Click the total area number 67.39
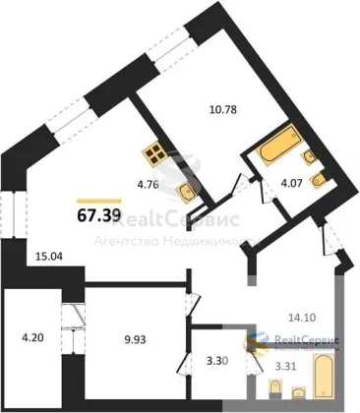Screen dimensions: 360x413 click(99, 215)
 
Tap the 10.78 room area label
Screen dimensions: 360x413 click(223, 109)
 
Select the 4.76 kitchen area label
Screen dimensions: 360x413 click(148, 185)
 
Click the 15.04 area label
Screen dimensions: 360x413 click(48, 256)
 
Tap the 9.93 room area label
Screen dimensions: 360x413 click(134, 339)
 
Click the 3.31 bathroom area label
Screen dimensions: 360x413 click(284, 367)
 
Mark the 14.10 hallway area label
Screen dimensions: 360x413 click(302, 318)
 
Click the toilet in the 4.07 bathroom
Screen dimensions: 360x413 click(318, 181)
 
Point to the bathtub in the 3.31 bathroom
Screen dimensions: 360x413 click(324, 377)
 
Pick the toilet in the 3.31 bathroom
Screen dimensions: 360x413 click(274, 388)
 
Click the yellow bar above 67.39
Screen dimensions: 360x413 click(99, 202)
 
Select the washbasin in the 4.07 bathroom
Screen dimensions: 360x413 click(309, 156)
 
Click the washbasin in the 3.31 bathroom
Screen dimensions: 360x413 click(299, 392)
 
